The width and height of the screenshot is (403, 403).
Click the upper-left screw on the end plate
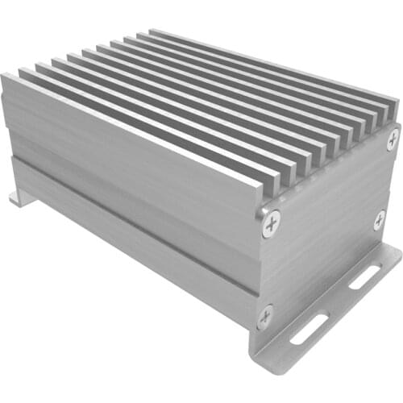pos(272,222)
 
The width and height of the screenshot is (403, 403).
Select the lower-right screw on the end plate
pos(379,220)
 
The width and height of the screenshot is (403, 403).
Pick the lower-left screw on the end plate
pos(265,315)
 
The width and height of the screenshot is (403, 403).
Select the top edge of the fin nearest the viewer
pos(129,129)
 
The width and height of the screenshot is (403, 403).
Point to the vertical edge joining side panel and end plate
pos(260,266)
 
